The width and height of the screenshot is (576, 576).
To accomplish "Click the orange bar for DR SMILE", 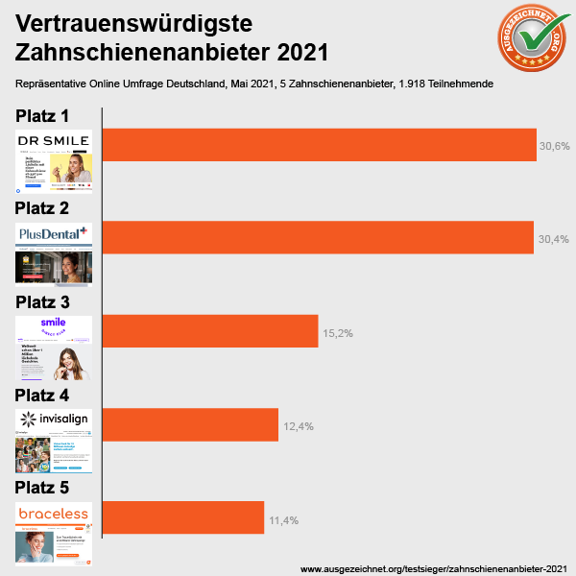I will (319, 144).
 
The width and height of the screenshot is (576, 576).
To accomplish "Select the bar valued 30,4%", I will (317, 237).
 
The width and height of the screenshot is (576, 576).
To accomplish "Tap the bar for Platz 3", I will (209, 331).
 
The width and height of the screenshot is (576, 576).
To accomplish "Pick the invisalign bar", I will (190, 424).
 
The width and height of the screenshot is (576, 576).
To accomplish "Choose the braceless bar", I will (182, 517).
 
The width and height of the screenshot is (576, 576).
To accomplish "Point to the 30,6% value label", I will (555, 147).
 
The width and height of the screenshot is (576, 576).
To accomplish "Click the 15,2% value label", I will (338, 333).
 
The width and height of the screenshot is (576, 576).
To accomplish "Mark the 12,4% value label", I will (299, 426).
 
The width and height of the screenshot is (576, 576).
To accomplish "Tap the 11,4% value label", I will (284, 520).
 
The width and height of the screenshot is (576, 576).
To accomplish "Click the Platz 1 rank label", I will (56, 116).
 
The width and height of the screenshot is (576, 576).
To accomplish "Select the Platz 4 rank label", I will (56, 395).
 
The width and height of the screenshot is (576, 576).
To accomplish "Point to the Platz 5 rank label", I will (56, 488).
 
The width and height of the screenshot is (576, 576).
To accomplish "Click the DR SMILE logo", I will (54, 141).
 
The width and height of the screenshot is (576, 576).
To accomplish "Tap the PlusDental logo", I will (54, 232).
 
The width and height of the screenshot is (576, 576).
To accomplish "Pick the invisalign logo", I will (54, 419).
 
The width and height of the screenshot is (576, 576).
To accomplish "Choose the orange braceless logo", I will (54, 514).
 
